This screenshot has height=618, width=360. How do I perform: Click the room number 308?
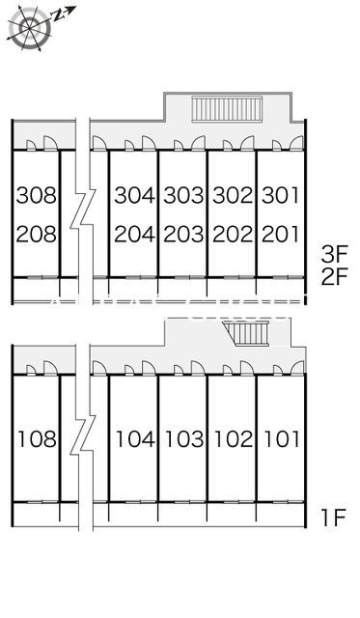point(37,195)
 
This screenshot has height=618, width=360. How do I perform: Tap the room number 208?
point(37,234)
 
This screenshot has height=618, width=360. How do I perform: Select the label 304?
point(135,195)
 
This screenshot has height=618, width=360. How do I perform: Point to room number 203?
point(184,234)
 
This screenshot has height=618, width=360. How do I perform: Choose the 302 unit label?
point(233,195)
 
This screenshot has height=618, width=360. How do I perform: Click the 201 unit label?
point(281,234)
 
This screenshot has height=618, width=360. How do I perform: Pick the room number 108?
point(38,439)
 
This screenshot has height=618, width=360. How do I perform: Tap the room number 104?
point(136,439)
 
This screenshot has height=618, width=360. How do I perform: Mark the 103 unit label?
point(185,439)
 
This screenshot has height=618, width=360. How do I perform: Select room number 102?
point(234,439)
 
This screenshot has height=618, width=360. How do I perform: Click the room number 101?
point(282,439)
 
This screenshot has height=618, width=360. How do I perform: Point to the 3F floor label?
point(334,255)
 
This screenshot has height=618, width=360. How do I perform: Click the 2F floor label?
point(334,277)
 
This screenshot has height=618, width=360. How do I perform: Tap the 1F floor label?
point(334,518)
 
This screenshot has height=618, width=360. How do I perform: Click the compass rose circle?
point(30,27)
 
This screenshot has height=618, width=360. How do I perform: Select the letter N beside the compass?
point(59,15)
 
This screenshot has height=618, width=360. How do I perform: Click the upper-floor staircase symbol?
point(227,109)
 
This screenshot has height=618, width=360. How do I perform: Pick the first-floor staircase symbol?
point(246,333)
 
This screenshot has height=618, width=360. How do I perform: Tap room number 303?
point(184,195)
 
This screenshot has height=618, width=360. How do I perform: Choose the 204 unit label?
point(135,234)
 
